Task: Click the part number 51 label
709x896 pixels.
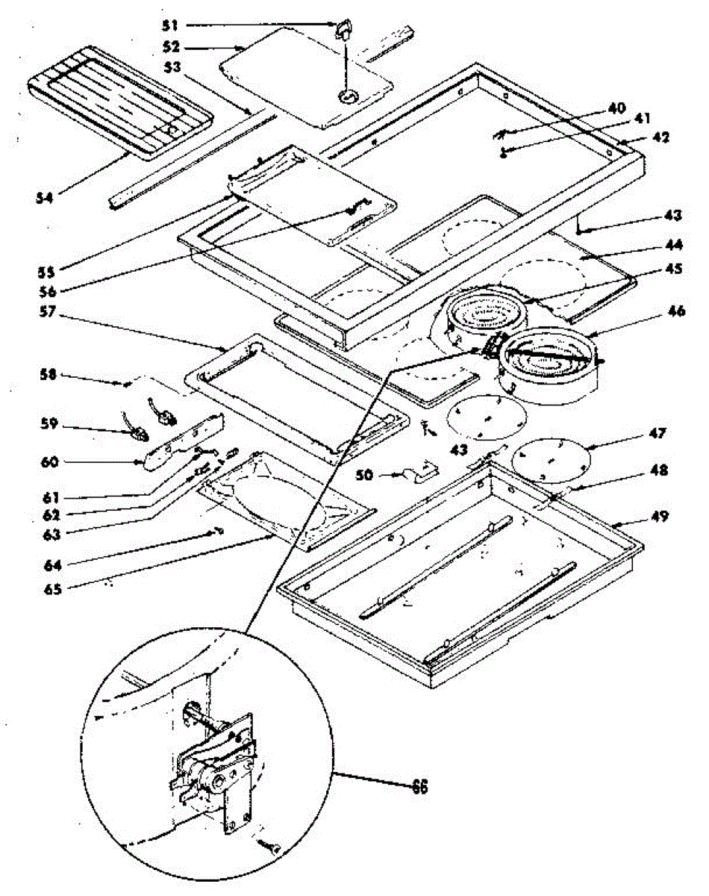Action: (x=170, y=26)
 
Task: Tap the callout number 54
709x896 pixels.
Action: (x=45, y=198)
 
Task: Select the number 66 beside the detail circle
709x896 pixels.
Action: (x=419, y=786)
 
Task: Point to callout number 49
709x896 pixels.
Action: (x=660, y=516)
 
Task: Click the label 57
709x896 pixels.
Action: (x=48, y=312)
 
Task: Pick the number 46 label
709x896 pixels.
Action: (x=676, y=311)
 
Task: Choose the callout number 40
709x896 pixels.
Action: (x=616, y=108)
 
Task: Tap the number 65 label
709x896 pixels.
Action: (x=52, y=589)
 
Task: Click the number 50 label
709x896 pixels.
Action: (x=364, y=475)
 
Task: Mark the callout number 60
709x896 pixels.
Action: (x=50, y=461)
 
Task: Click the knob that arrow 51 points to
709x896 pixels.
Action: (x=343, y=30)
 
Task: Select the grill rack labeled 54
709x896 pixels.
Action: (x=120, y=103)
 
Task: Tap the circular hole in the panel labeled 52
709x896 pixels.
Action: (x=348, y=97)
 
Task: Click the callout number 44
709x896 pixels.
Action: (x=674, y=245)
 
